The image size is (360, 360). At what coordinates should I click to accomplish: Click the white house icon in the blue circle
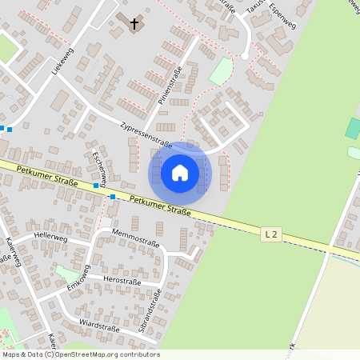[x=180, y=172]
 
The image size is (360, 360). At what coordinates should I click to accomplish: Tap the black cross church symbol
[x=134, y=23]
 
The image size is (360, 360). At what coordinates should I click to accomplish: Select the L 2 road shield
[x=272, y=234]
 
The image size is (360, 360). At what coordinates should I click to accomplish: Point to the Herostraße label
[x=122, y=281]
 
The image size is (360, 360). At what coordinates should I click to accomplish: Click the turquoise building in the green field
[x=353, y=128]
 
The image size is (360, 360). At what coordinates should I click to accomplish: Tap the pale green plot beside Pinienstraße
[x=219, y=72]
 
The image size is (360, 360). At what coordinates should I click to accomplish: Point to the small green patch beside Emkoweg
[x=66, y=274]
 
